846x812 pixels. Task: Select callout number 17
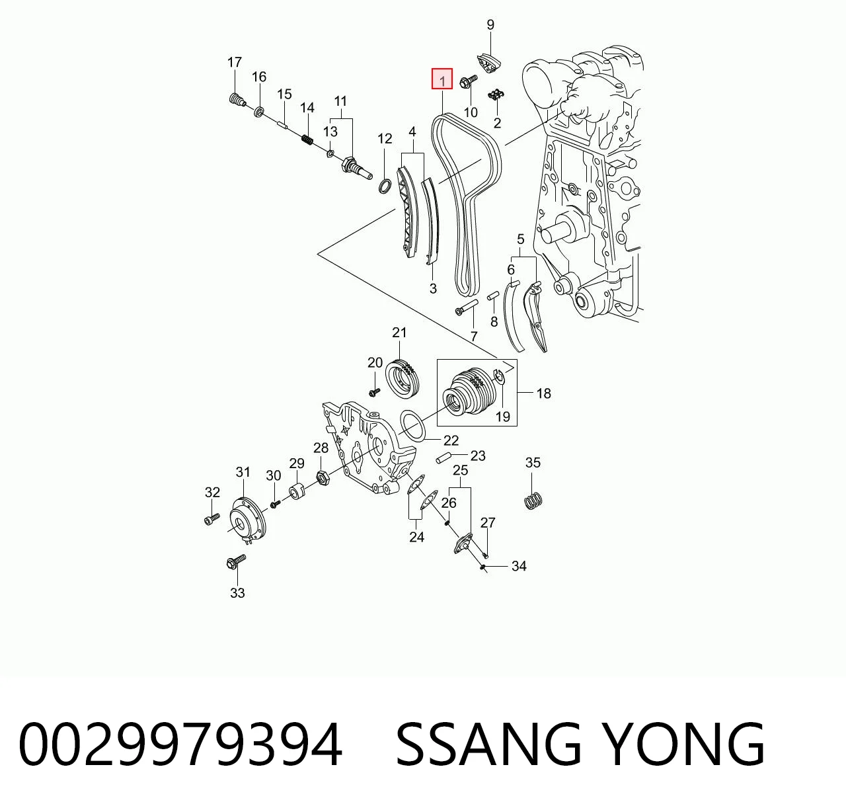(x=235, y=63)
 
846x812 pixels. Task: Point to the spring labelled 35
(x=533, y=501)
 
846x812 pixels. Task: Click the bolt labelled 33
(x=236, y=561)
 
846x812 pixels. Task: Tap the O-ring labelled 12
(x=385, y=186)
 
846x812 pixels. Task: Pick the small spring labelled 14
(x=307, y=140)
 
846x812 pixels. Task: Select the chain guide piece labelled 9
(x=489, y=63)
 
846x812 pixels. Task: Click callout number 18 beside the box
(x=543, y=393)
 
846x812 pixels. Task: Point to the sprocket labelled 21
(x=402, y=378)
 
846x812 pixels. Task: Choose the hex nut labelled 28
(x=323, y=478)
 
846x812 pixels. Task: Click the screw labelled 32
(x=211, y=518)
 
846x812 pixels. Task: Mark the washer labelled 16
(x=259, y=112)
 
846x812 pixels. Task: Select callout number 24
(x=416, y=537)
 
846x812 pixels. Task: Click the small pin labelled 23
(x=443, y=458)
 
